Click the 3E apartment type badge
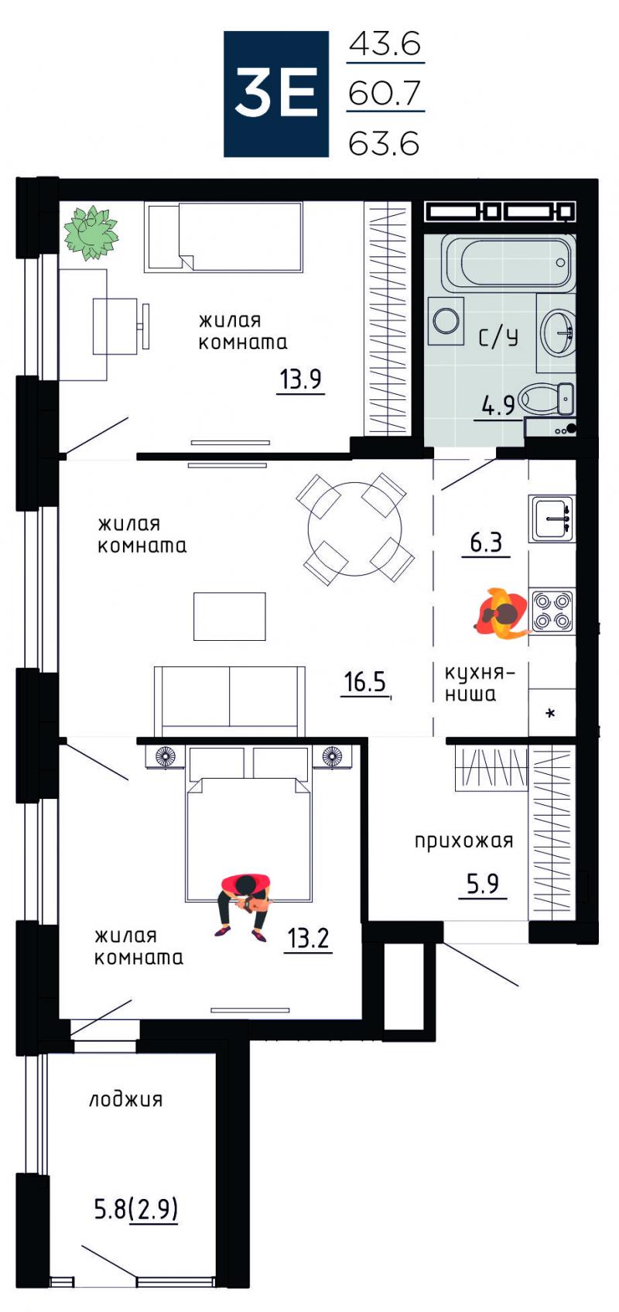coord(275,94)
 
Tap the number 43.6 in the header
coord(385,43)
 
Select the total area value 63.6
coord(384,143)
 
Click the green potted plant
coord(91,232)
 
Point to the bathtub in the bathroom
coord(508,263)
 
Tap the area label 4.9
coord(498,406)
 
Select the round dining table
coord(355,528)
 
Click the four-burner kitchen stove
coord(552,610)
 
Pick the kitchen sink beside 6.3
coord(552,519)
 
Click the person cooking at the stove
coord(502,613)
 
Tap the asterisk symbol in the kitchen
coord(550,714)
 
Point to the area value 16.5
coord(365,683)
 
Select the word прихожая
coord(463,841)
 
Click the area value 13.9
coord(300,379)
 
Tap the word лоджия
coord(126,1100)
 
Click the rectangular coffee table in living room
coord(230,616)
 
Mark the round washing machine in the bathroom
coord(446,320)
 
